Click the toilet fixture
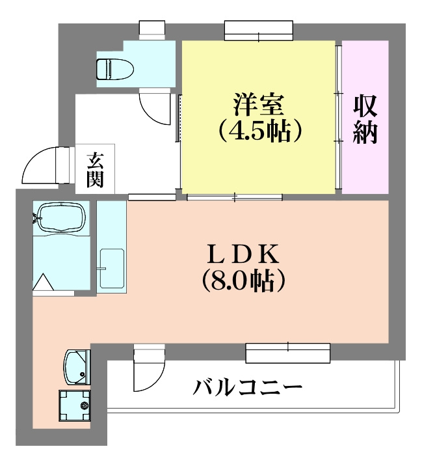[x=113, y=66]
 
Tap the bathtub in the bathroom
[x=60, y=217]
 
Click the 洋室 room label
[x=258, y=104]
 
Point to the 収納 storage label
[x=366, y=119]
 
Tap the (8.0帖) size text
[x=243, y=280]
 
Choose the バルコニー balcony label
[x=248, y=389]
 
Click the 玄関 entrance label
[x=95, y=169]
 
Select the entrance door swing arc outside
[x=40, y=165]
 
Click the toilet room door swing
[x=156, y=108]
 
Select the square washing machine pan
[x=75, y=405]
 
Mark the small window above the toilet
[x=153, y=29]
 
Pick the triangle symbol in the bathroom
[x=44, y=282]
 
